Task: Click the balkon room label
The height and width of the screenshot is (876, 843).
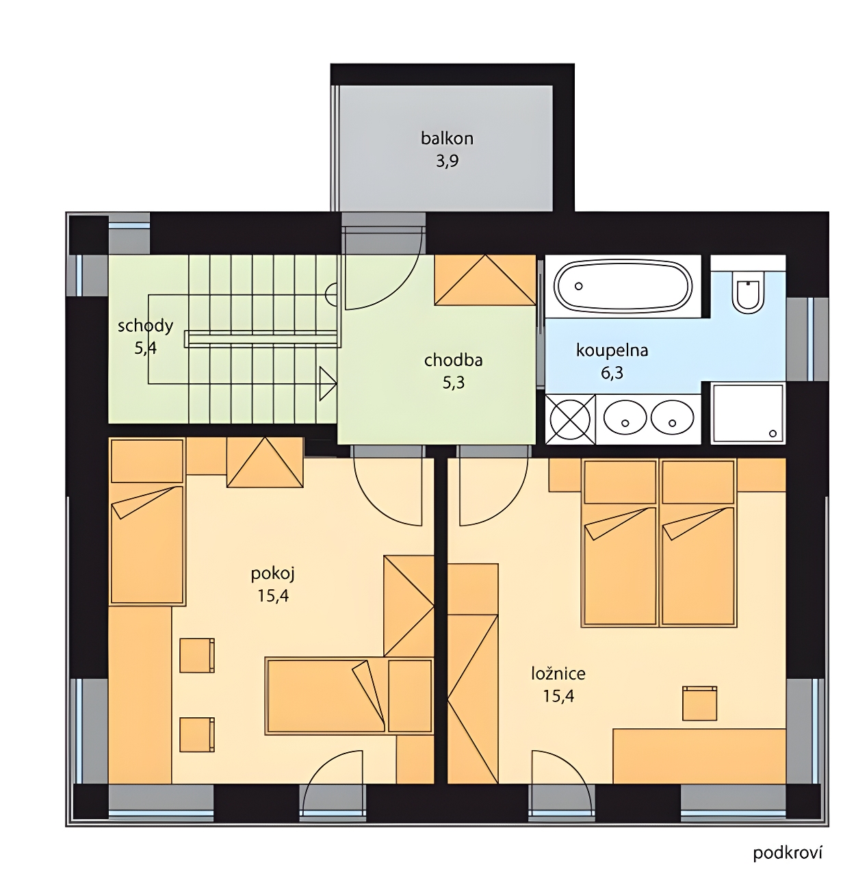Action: [447, 138]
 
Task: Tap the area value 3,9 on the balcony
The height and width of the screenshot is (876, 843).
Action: [447, 161]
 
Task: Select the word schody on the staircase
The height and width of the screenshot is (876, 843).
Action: [145, 326]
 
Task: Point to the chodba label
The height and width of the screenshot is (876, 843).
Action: [453, 360]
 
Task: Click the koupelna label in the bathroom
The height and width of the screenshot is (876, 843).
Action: [612, 350]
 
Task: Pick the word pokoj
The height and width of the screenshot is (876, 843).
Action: [273, 574]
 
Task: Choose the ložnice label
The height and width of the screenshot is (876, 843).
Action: [558, 674]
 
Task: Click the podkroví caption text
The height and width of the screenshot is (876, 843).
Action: [788, 853]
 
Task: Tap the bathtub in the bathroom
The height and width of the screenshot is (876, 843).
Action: [623, 286]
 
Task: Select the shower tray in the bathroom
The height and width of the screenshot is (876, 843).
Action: [747, 413]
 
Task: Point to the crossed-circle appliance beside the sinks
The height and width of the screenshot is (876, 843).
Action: [570, 419]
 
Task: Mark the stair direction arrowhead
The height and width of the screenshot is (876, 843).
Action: [328, 383]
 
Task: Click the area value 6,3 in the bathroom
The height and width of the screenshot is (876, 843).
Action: [612, 373]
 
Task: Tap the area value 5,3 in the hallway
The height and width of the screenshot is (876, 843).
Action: [453, 383]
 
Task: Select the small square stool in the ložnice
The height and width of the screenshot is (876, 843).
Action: [699, 703]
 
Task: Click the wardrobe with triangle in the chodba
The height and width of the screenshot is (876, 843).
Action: [484, 280]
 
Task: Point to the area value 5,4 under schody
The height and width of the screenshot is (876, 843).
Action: [145, 348]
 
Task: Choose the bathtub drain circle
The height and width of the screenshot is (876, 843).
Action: [579, 286]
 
